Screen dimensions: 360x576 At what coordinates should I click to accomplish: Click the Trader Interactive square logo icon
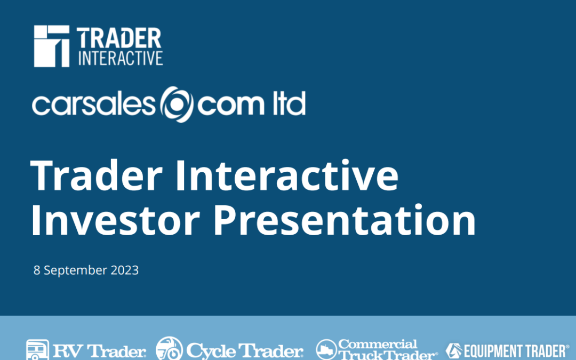click(x=52, y=46)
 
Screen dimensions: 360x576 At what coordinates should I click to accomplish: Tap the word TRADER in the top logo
click(x=119, y=39)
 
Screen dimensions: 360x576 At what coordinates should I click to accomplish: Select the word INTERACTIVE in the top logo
click(x=120, y=58)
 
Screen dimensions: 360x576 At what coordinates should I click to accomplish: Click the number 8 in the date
click(x=37, y=270)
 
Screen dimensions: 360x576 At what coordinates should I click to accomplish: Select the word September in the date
click(x=75, y=271)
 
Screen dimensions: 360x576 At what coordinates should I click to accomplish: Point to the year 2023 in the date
click(x=124, y=270)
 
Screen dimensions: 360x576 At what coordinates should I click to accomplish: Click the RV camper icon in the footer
click(x=37, y=350)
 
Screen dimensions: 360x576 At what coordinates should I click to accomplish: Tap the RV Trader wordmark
click(x=99, y=351)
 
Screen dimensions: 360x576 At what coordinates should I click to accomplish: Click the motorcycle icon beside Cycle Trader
click(x=169, y=349)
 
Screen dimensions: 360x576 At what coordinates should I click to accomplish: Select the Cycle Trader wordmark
click(x=245, y=351)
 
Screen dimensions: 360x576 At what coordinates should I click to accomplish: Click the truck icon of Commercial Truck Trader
click(x=326, y=350)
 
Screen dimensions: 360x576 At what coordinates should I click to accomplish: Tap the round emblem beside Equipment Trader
click(x=453, y=350)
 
